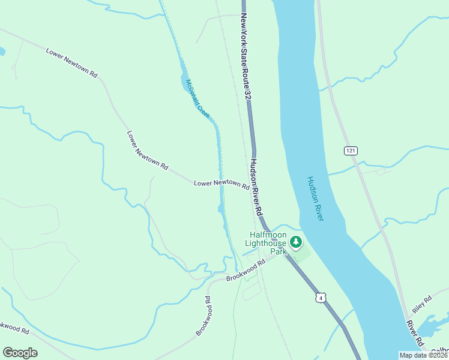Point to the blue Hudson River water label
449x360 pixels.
tap(315, 199)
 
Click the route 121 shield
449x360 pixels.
tap(351, 150)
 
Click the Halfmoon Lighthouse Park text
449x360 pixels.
tap(267, 243)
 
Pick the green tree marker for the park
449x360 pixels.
tap(295, 242)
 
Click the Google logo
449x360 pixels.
tap(20, 353)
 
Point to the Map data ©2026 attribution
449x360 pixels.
tap(423, 355)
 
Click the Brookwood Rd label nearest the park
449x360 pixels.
tap(246, 272)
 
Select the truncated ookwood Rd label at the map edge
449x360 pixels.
tap(13, 328)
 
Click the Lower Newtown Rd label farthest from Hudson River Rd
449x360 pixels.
tap(71, 62)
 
